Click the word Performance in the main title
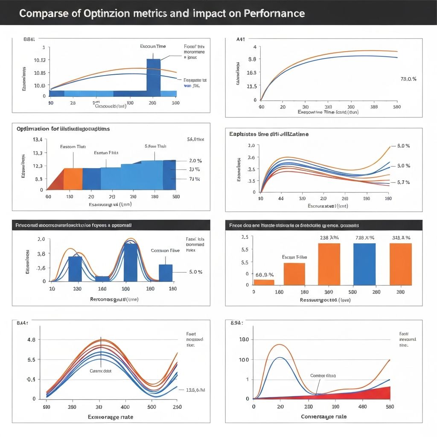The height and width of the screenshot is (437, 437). click(274, 13)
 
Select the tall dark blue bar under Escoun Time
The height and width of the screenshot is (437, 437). click(153, 77)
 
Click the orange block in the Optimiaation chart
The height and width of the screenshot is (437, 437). click(73, 179)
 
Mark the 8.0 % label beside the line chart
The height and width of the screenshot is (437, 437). click(403, 146)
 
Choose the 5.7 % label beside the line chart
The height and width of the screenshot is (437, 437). click(403, 182)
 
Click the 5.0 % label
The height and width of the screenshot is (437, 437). click(195, 272)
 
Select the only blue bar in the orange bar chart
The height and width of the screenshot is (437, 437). click(364, 264)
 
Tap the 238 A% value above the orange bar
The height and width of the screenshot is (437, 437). click(329, 238)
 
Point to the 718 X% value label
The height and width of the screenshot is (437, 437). click(364, 238)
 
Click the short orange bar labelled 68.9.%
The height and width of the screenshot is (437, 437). click(264, 282)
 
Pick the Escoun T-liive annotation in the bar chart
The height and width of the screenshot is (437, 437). click(294, 257)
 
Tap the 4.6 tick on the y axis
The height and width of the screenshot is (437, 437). click(31, 340)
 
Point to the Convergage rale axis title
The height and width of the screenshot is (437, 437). click(324, 417)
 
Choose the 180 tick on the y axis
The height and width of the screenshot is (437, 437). click(244, 340)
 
